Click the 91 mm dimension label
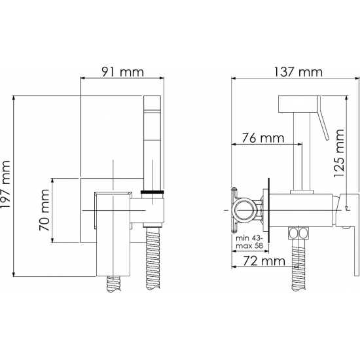pos(122,71)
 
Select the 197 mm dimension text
pos(5,185)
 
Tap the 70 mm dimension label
pos(44,210)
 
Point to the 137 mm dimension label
pos(298,72)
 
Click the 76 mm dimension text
pos(263,138)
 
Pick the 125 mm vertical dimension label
pos(339,153)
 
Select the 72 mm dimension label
pos(264,261)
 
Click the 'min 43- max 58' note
pos(249,242)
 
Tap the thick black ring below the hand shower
pos(153,192)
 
